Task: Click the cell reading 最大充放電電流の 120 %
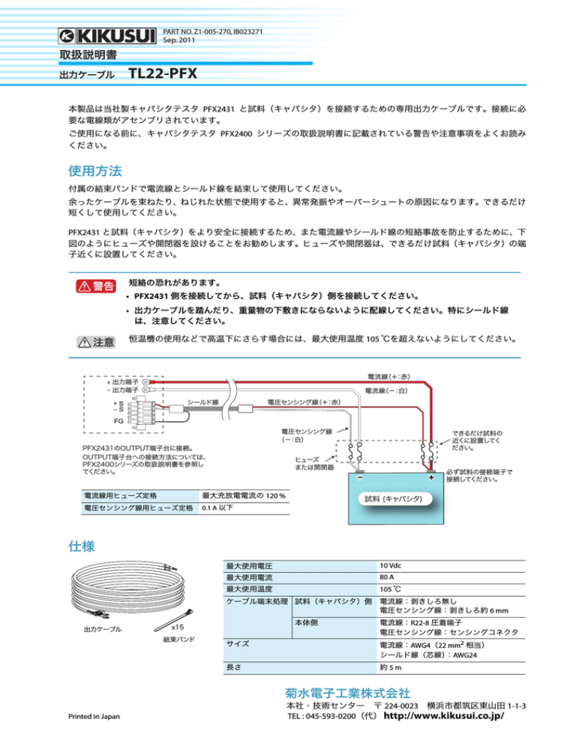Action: coord(244,496)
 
